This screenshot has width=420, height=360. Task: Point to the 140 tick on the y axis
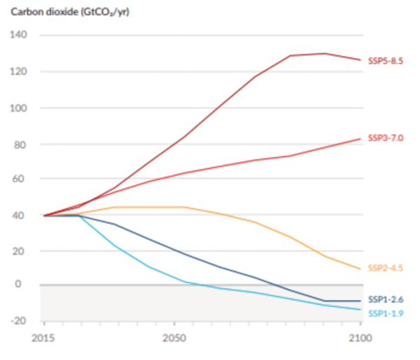(18, 35)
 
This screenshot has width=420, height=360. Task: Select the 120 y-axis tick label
(18, 71)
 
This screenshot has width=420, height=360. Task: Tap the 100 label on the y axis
(18, 107)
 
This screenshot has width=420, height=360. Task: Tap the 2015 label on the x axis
(43, 338)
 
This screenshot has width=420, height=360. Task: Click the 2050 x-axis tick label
(174, 338)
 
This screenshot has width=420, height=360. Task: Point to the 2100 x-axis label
(359, 338)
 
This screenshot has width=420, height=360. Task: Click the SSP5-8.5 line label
(385, 61)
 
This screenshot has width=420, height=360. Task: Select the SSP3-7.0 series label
(385, 140)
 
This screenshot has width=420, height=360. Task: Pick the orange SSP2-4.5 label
(385, 268)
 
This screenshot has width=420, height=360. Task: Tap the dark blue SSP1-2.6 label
(385, 300)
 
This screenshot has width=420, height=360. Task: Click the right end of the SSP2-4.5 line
(360, 269)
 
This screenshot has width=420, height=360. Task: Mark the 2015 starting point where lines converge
(44, 216)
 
